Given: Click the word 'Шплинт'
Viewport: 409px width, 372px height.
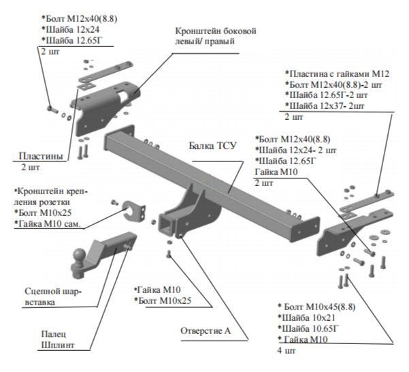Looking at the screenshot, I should [x=57, y=345].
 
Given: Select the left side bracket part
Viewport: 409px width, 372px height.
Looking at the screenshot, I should [x=102, y=109].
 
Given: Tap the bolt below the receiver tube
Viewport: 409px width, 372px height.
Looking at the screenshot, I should [x=169, y=253].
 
